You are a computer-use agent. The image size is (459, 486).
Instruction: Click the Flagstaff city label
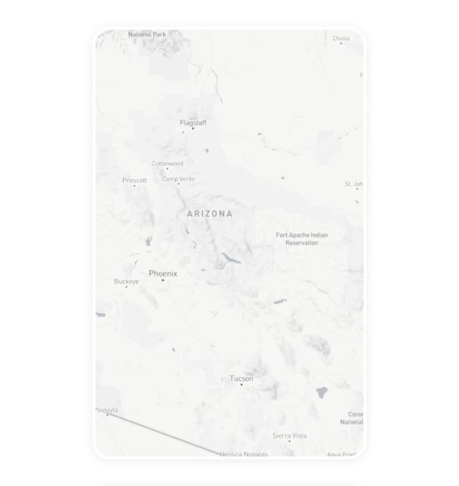pos(193,122)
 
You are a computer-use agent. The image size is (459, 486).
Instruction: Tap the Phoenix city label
pos(163,273)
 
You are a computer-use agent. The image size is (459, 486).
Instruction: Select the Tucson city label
pos(242,378)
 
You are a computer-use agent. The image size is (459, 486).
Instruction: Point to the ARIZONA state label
pos(210,214)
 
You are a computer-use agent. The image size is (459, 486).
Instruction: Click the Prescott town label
pos(135,180)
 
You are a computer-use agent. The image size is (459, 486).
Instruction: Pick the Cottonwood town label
pos(167,163)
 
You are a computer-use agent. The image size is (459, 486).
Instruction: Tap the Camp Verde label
pos(178,179)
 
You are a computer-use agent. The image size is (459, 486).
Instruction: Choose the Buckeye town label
pos(126,281)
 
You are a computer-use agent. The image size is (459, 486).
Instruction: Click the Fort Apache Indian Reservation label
pos(302,239)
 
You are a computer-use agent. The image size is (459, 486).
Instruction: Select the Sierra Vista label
pos(289,436)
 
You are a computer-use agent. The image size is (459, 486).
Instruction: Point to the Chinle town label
pos(341,38)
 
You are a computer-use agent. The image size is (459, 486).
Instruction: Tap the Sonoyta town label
pos(107,410)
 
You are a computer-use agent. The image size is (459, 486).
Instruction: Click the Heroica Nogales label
pos(244,454)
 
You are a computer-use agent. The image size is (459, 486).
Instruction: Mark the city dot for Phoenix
pos(163,280)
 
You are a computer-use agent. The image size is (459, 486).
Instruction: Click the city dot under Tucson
pos(241,385)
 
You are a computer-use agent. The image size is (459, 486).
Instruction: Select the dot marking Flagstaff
pos(193,128)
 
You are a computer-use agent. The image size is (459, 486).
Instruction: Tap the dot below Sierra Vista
pos(289,441)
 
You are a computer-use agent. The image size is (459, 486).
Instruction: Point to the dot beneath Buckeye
pos(126,287)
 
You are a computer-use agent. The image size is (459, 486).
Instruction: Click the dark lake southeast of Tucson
pos(322,392)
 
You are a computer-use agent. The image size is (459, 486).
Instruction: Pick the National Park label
pos(147,34)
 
